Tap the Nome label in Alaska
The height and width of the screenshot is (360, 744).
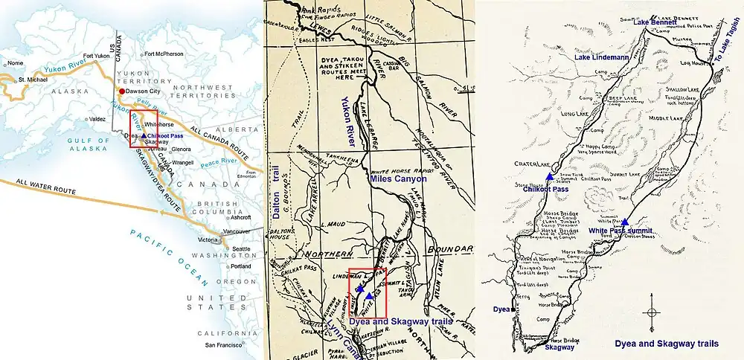click(15, 63)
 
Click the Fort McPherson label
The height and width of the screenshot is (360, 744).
click(164, 54)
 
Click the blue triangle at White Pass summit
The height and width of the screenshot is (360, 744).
click(625, 222)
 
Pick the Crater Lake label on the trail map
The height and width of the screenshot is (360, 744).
click(528, 164)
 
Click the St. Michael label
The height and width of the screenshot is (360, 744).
click(33, 78)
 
